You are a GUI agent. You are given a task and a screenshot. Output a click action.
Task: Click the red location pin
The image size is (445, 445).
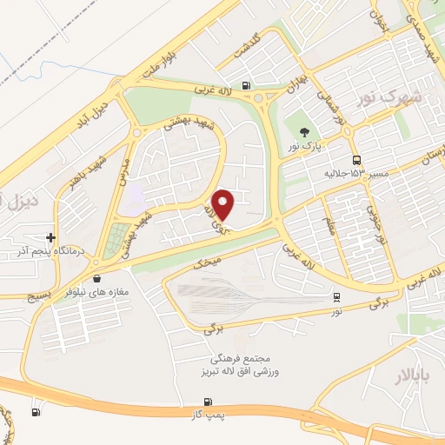(x=223, y=203)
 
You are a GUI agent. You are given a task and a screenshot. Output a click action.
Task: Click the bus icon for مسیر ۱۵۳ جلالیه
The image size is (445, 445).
(x=357, y=160)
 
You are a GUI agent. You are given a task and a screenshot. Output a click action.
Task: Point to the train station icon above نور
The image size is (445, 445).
(x=336, y=297)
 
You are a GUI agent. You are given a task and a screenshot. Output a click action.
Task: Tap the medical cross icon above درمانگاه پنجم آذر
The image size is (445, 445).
(x=51, y=237)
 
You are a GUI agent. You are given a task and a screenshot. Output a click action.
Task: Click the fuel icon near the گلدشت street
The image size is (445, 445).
(x=249, y=85)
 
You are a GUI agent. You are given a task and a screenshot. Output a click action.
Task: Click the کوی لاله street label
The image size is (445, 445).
(x=211, y=215)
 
